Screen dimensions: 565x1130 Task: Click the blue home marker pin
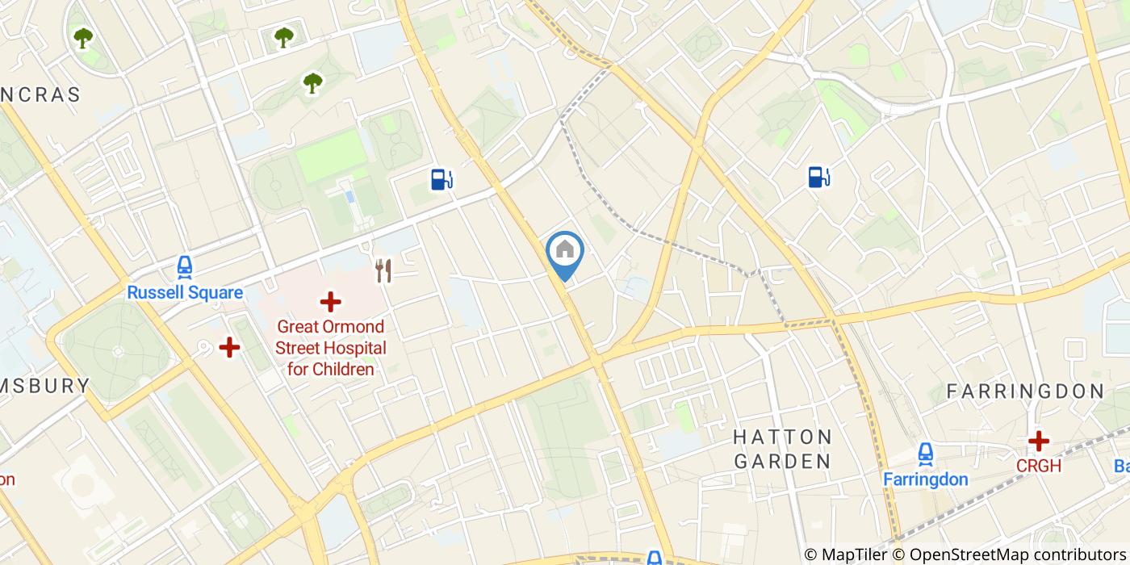tap(565, 251)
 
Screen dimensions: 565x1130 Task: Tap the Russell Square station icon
tap(185, 267)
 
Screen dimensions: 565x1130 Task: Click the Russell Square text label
tap(185, 292)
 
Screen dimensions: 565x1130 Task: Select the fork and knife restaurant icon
tap(383, 271)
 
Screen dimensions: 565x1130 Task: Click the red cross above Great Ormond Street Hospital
tap(330, 303)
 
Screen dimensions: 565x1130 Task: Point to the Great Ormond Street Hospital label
tap(331, 349)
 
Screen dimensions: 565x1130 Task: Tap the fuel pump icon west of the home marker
tap(442, 178)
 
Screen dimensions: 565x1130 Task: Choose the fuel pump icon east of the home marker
tap(818, 177)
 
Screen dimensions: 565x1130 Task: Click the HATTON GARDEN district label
tap(782, 450)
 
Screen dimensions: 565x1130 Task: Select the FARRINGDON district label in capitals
tap(1024, 391)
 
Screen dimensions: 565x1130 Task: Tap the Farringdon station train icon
tap(925, 454)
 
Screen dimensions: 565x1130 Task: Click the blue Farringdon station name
tap(925, 479)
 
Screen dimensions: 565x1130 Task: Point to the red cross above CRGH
tap(1039, 441)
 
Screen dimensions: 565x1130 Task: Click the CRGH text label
tap(1039, 467)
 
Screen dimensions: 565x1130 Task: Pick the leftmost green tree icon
tap(83, 37)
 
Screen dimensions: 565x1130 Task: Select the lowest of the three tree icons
tap(312, 82)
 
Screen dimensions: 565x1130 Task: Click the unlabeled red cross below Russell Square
tap(230, 348)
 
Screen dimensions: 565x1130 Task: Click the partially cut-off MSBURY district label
tap(44, 386)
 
